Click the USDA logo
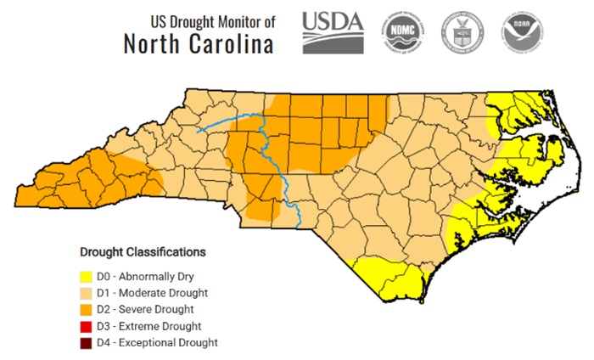(333, 33)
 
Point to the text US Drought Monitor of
(212, 20)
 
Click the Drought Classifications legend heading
(143, 252)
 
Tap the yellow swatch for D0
(86, 276)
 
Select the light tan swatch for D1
(86, 293)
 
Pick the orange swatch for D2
(86, 309)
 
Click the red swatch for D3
(86, 326)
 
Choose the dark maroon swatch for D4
(86, 343)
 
